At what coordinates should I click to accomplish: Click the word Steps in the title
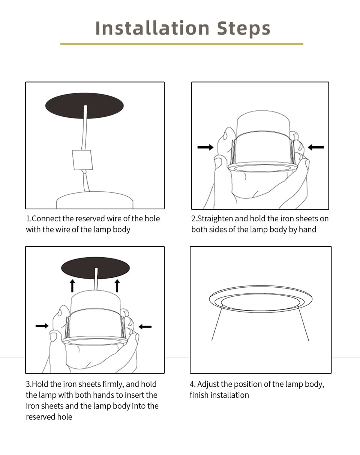244,29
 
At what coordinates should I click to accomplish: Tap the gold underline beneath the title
181,44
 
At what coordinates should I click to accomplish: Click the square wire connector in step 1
82,160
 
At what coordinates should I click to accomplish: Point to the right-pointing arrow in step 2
205,147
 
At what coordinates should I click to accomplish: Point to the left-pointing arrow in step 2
315,147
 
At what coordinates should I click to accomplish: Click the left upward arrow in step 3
72,285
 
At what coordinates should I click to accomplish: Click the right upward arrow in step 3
117,285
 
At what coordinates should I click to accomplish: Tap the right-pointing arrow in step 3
42,326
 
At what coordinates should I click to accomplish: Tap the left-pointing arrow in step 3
145,327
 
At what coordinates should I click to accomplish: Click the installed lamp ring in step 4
260,299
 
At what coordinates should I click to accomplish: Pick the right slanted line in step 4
303,323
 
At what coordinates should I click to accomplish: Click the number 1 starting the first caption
28,219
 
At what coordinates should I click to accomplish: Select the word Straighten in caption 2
215,219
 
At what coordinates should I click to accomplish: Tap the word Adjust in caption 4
208,384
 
